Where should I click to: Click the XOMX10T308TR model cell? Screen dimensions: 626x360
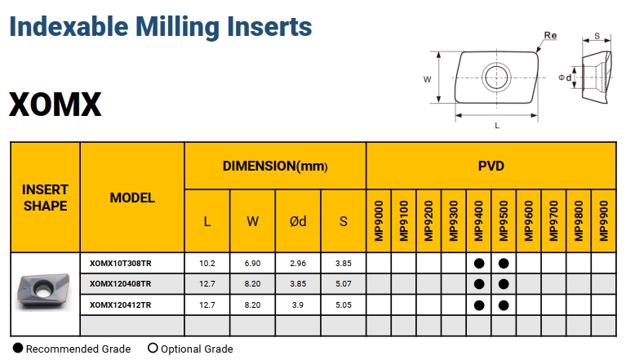(121, 264)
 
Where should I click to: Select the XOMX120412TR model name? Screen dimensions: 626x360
(121, 305)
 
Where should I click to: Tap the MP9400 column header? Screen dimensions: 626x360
(479, 220)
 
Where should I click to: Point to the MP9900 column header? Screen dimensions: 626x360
(604, 220)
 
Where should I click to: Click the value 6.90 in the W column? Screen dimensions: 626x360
(252, 264)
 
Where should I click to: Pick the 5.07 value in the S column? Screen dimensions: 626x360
(344, 284)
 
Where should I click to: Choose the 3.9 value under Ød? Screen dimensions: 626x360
(297, 305)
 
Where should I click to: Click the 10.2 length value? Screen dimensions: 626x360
(207, 264)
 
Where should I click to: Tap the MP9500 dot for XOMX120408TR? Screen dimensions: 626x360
(504, 284)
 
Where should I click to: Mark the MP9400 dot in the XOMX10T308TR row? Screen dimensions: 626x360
(479, 264)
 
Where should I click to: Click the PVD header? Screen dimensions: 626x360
(491, 166)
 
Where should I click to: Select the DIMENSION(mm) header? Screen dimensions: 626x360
(275, 166)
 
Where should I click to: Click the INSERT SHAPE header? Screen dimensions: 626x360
(45, 198)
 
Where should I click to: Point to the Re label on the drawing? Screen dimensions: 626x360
(550, 36)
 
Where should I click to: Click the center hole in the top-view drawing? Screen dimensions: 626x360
(497, 77)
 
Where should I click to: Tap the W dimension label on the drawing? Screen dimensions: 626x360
(427, 79)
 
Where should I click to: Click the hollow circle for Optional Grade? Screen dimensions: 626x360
(153, 348)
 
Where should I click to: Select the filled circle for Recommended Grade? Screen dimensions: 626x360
(18, 348)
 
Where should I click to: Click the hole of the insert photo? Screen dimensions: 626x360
(42, 288)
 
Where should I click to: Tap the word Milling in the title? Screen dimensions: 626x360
(178, 27)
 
